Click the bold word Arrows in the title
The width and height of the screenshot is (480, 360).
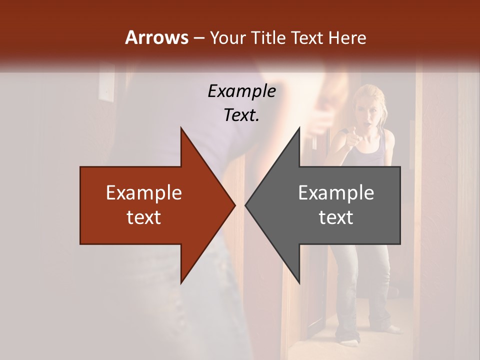point(156,37)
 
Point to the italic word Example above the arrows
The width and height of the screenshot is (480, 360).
point(242,91)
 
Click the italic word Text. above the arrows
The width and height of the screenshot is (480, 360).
point(242,115)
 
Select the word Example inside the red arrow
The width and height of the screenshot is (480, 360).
point(144,192)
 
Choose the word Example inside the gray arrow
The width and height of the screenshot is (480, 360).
point(336,192)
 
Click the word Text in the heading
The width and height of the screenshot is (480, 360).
point(307,37)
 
